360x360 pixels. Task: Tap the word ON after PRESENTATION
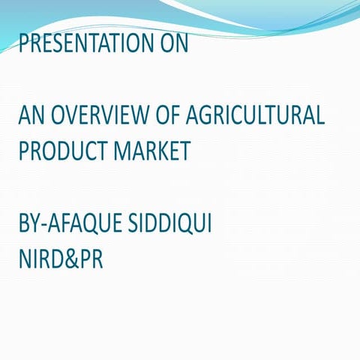171,43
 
